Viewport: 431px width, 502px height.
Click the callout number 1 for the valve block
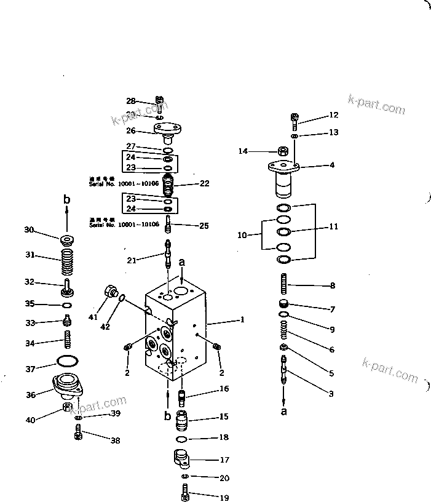point(242,319)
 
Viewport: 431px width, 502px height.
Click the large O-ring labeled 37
point(67,361)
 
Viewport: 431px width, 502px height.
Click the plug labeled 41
point(110,290)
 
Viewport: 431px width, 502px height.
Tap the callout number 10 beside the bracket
point(242,234)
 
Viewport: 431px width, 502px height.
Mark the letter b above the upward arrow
point(67,200)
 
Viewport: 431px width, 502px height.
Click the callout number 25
point(204,226)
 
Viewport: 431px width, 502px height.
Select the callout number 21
point(131,260)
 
